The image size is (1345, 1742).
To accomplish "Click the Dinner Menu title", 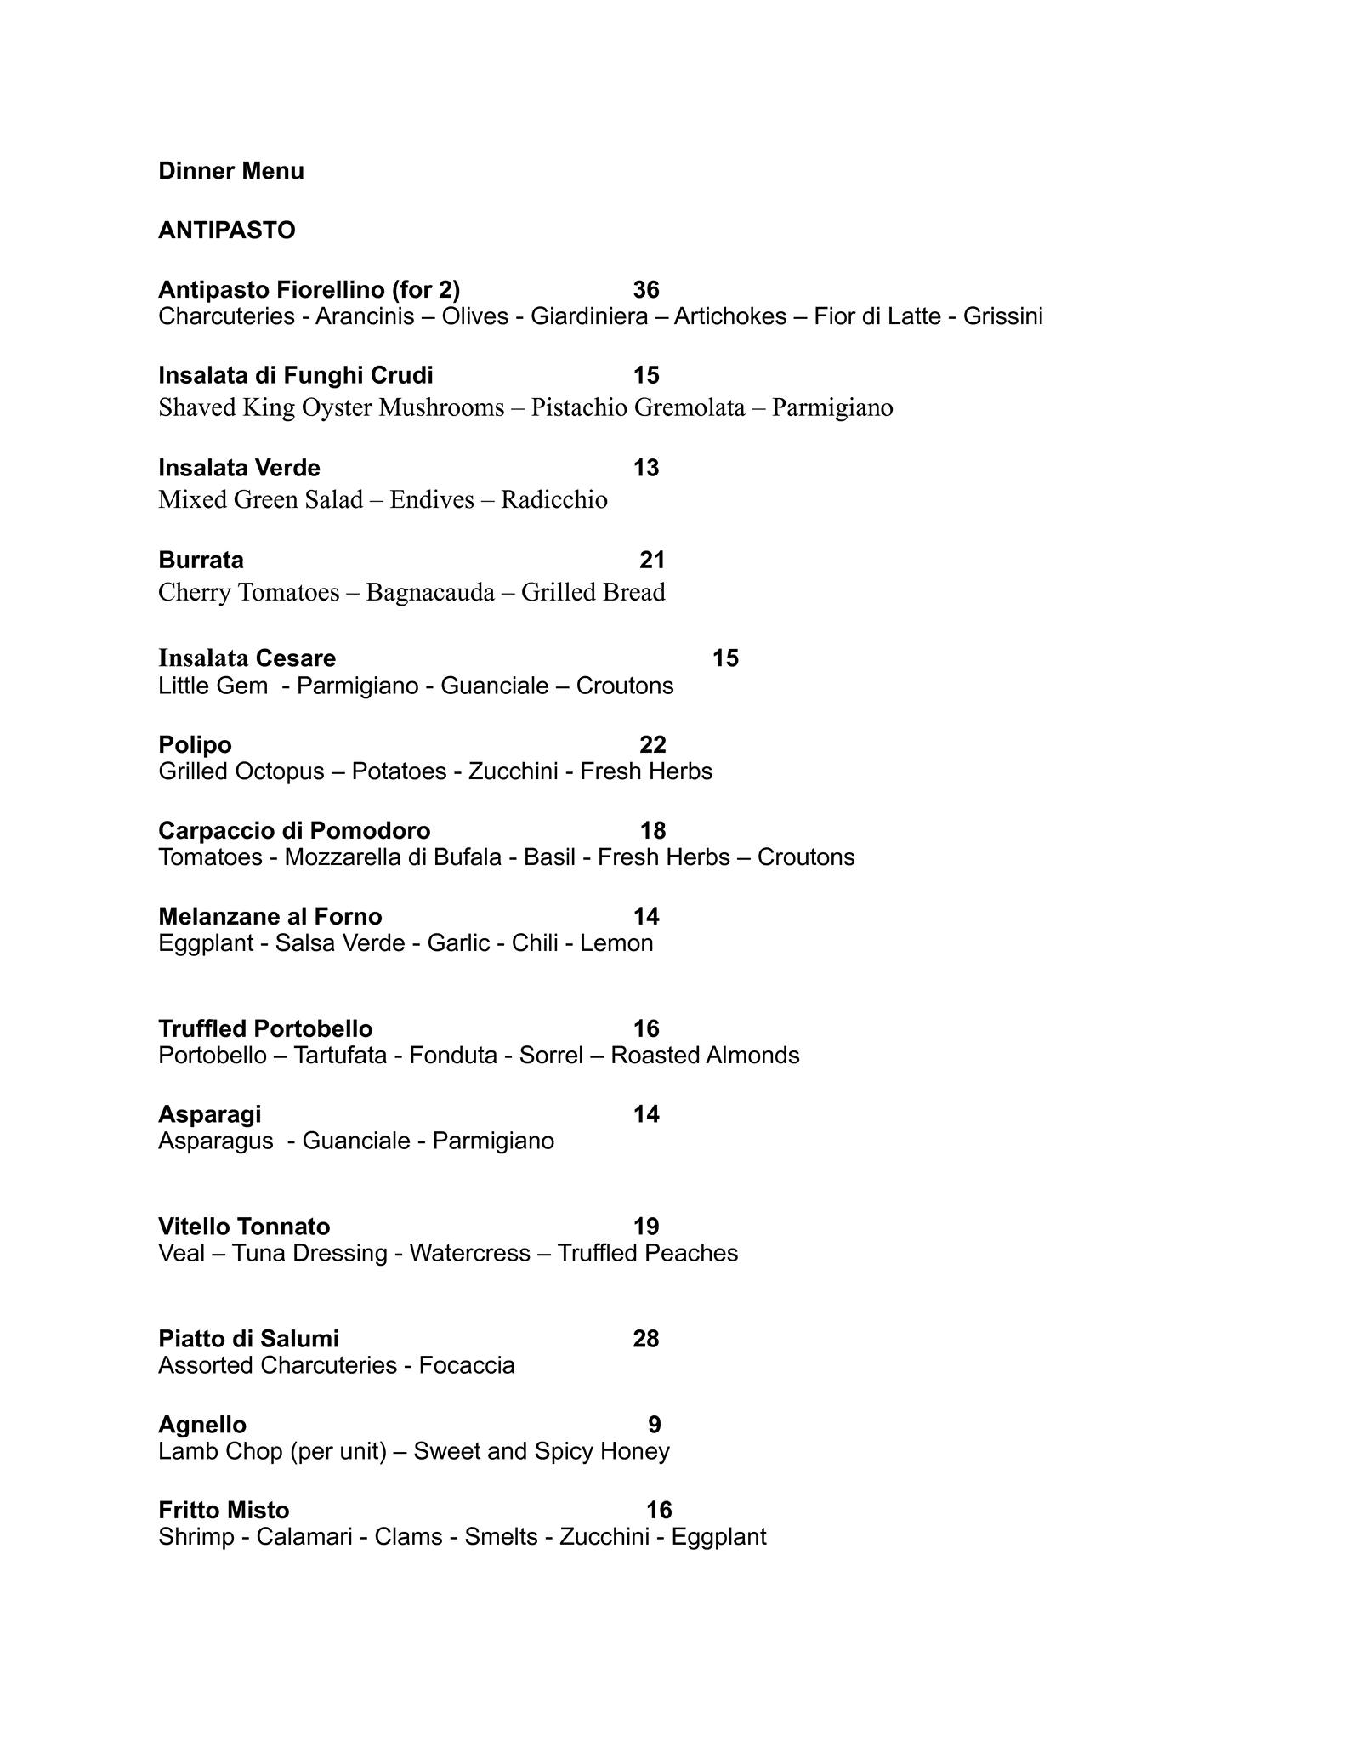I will [230, 171].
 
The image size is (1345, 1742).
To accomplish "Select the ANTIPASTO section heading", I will [226, 231].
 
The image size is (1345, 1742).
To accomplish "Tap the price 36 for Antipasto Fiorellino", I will [646, 290].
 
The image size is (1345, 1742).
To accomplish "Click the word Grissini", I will [1002, 316].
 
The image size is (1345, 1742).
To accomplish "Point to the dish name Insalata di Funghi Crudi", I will [295, 375].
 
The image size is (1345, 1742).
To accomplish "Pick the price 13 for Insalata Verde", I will [646, 468].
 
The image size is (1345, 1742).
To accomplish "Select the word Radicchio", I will [553, 499].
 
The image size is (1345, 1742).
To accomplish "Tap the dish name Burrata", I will [201, 560].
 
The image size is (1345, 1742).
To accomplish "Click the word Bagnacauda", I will [430, 592].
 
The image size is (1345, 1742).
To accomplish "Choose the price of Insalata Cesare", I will [725, 658].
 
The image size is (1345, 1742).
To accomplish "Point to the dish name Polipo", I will [195, 745].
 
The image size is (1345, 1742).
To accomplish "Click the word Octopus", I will [282, 771].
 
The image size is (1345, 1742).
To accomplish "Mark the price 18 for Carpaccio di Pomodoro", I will [653, 830].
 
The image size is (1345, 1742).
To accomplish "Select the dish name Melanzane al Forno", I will [270, 916].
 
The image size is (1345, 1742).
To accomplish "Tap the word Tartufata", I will [340, 1056].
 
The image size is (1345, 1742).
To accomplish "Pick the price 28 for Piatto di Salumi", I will [646, 1339].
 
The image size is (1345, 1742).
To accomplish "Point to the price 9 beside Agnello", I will [654, 1425].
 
